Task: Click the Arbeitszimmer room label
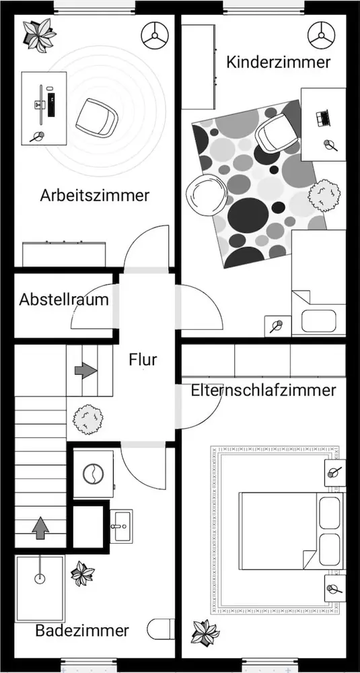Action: coord(95,195)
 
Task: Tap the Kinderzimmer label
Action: coord(279,62)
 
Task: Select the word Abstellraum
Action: coord(64,299)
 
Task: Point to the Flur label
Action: coord(143,359)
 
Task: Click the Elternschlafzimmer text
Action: coord(264,390)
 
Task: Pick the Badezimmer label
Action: coord(82,631)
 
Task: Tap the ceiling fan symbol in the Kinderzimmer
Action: coord(322,35)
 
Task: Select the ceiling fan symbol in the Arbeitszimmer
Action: coord(155,35)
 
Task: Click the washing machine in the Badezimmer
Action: coord(93,474)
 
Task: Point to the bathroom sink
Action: coord(121,526)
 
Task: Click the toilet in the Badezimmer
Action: coord(161,629)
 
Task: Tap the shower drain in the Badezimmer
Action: coord(40,579)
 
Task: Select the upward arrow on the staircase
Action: coord(41,528)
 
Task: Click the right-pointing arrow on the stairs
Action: coord(86,370)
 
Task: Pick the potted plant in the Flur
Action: coord(88,419)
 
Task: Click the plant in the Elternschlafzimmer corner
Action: coord(205,632)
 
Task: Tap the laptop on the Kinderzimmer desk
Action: coord(323,118)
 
